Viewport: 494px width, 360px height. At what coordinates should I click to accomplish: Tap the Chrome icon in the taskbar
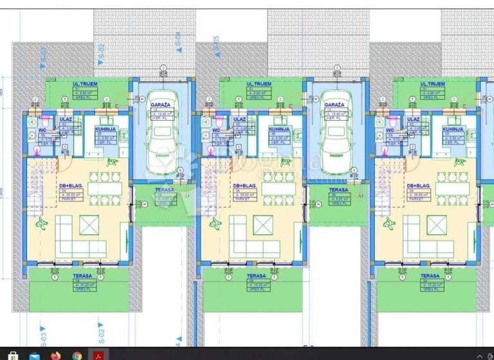[77, 354]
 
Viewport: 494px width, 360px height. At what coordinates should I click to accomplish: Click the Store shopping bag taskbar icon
[12, 354]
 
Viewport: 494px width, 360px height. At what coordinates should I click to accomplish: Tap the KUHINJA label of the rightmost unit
[452, 129]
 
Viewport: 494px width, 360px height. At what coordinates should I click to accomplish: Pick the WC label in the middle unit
[216, 130]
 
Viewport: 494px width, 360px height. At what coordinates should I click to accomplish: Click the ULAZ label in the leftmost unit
[65, 119]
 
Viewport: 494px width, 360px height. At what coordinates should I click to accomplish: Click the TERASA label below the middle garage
[338, 190]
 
